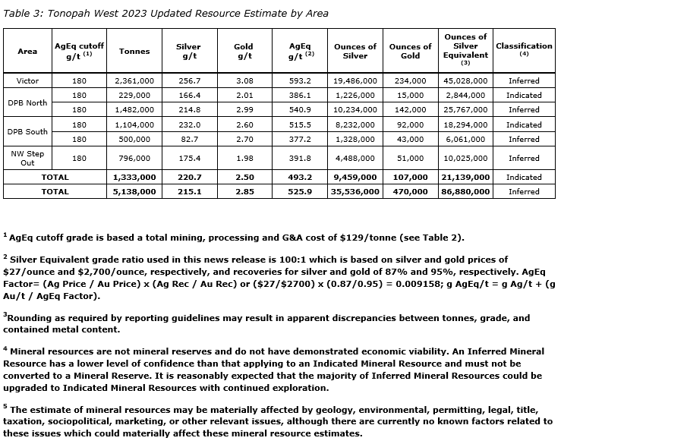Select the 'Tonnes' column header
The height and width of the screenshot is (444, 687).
(x=134, y=52)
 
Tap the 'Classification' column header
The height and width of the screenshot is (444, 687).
(x=524, y=46)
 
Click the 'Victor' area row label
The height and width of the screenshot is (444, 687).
(x=27, y=80)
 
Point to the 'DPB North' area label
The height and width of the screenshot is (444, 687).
(x=27, y=102)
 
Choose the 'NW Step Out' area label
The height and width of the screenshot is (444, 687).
(x=27, y=158)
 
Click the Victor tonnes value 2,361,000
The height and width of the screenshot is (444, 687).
(x=134, y=80)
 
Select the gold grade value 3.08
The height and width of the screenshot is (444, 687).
(x=244, y=80)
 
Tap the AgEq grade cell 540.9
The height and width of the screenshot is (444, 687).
(x=300, y=110)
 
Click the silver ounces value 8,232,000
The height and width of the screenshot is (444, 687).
(x=355, y=124)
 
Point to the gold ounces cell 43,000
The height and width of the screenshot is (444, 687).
(x=411, y=140)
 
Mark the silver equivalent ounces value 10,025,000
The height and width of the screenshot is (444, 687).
(x=465, y=158)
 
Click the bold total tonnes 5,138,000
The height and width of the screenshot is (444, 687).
(x=134, y=192)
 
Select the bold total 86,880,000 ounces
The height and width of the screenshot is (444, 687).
(x=465, y=192)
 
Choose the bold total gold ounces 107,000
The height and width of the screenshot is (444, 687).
(x=411, y=177)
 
